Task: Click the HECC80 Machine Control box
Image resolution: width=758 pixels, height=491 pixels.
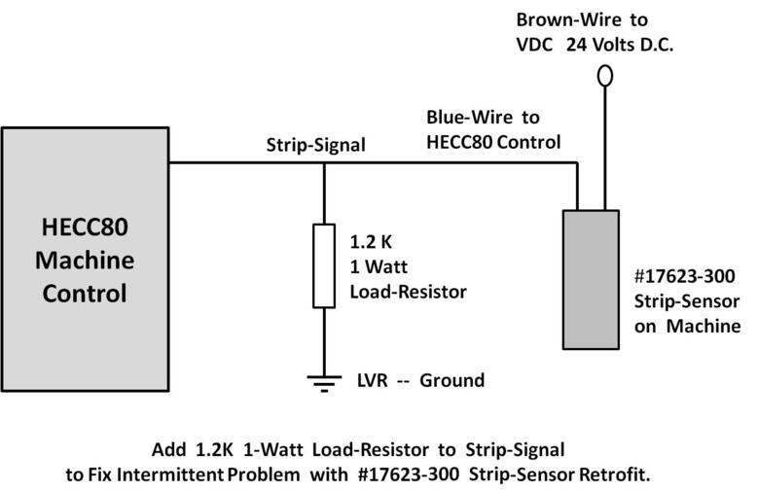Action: pos(85,259)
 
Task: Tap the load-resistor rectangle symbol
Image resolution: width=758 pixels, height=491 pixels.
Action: pos(324,265)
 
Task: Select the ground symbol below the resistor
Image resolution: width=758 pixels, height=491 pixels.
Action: pos(324,383)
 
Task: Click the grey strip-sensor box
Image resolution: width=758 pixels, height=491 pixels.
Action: pos(591,279)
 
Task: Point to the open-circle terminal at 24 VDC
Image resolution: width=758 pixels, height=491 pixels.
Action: pos(605,77)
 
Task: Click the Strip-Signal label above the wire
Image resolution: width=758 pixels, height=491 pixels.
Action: pos(315,145)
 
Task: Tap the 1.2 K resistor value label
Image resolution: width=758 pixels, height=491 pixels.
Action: pos(371,242)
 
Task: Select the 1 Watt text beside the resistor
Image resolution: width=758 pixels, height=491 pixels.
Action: pos(379,266)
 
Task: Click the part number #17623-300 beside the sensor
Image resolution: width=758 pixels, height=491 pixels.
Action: pos(684,276)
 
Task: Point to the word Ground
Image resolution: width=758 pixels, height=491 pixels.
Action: pos(452,380)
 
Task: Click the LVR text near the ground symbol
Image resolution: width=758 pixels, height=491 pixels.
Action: pos(373,380)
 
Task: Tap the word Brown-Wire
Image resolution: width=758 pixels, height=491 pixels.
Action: pos(568,19)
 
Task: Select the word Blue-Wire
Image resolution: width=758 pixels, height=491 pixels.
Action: pos(469,118)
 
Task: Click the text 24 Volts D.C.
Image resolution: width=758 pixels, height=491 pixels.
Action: pos(620,45)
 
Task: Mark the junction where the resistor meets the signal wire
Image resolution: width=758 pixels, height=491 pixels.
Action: pos(324,163)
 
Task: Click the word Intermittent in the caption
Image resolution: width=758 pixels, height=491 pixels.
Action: pos(170,474)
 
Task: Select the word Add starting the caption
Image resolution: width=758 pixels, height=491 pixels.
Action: pos(168,449)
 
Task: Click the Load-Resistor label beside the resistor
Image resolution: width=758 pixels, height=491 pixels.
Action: pos(408,292)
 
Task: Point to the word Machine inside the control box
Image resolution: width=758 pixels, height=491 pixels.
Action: pos(85,260)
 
